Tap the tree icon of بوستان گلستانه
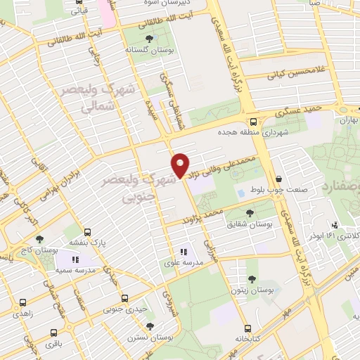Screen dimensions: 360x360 point(148,38)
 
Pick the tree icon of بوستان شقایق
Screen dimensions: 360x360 point(250,212)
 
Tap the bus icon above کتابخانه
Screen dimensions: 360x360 point(247,328)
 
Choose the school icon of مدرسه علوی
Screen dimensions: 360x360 point(183,251)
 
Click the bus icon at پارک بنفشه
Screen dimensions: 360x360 point(87,231)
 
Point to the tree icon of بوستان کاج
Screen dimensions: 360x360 point(39,239)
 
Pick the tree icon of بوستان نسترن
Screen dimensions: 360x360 point(149,326)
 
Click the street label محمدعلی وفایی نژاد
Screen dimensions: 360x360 point(224,167)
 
